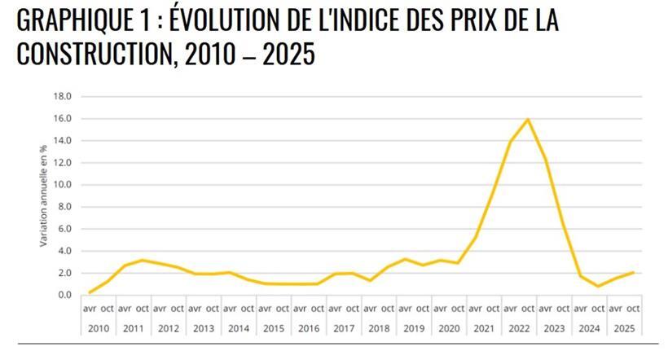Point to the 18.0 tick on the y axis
point(62,96)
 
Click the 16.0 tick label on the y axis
point(62,118)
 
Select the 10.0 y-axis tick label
point(62,185)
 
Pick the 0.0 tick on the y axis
point(64,295)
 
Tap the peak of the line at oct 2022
point(528,120)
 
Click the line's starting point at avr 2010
point(89,292)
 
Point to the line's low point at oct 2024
point(598,286)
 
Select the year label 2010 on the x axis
point(98,328)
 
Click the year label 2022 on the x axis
point(519,328)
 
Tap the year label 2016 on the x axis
point(308,328)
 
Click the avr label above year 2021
point(475,309)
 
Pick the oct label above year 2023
point(563,309)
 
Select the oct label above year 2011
point(142,309)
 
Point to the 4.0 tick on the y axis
point(64,251)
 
